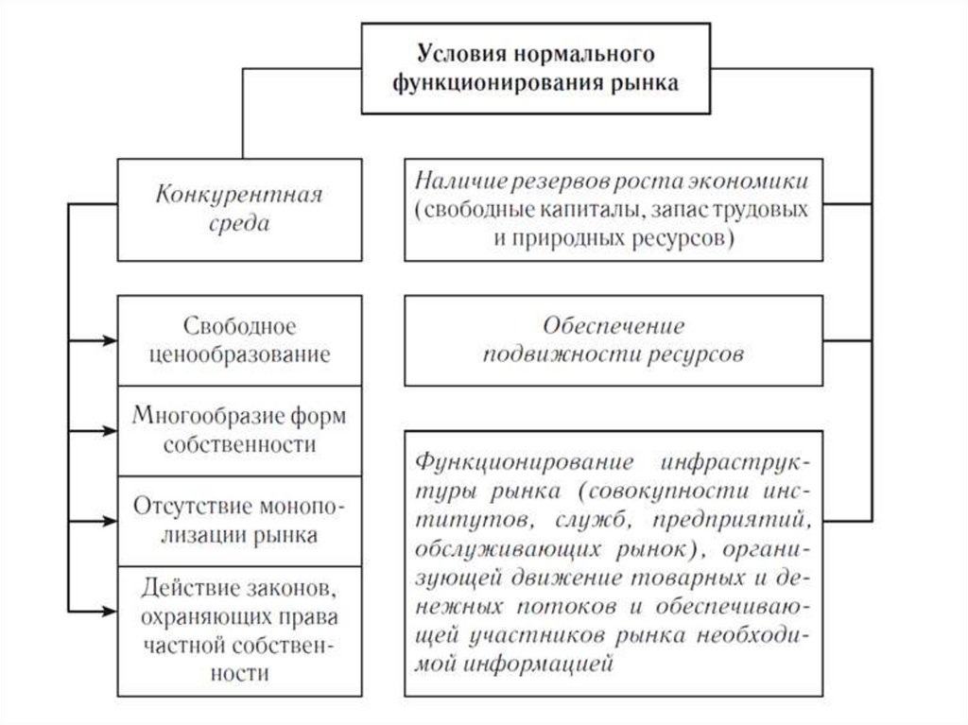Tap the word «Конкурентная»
point(240,196)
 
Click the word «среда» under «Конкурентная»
point(240,225)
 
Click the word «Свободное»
point(240,326)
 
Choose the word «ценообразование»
point(240,355)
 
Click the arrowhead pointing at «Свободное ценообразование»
point(110,339)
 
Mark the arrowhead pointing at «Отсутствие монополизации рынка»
point(110,519)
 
